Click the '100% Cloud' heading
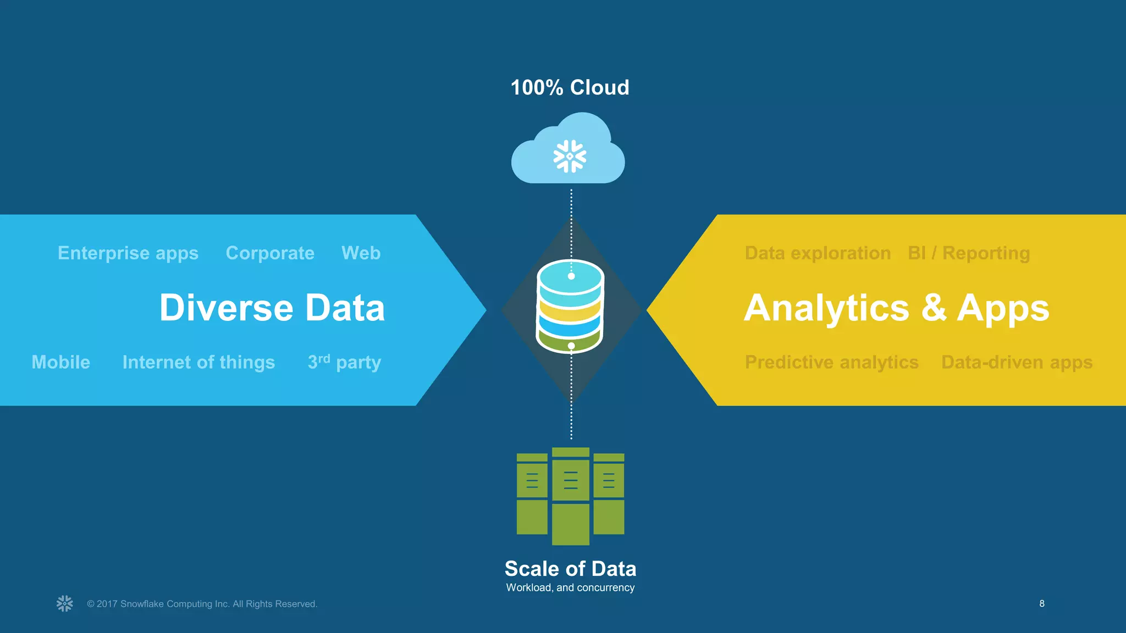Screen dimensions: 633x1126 coord(570,87)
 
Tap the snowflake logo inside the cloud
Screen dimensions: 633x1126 coord(570,156)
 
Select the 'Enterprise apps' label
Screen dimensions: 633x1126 coord(128,253)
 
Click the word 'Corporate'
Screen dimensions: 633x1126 coord(270,253)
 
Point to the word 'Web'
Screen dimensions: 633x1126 coord(361,253)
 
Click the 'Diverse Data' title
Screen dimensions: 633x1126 coord(272,308)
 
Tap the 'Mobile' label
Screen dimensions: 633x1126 coord(60,362)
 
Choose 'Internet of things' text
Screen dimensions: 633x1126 coord(198,362)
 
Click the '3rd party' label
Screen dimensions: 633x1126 coord(344,362)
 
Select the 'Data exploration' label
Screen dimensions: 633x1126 coord(818,253)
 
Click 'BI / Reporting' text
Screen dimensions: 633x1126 coord(969,253)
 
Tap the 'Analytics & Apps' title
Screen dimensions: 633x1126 coord(896,308)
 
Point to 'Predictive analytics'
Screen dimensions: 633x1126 coord(831,362)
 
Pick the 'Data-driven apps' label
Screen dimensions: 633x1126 coord(1017,362)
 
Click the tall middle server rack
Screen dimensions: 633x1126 coord(571,496)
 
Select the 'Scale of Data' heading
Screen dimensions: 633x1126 coord(570,569)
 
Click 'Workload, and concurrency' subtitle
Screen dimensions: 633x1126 coord(570,587)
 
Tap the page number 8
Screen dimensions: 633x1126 coord(1041,603)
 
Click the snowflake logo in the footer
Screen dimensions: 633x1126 coord(65,603)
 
